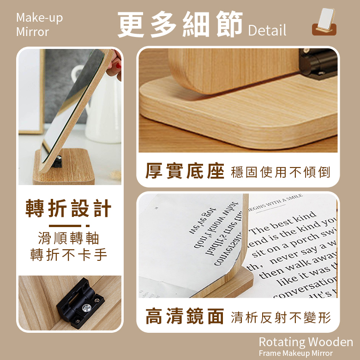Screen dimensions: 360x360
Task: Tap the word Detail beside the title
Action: [x=267, y=30]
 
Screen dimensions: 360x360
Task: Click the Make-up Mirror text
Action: [x=39, y=25]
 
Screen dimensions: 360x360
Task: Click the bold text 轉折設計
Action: [x=69, y=209]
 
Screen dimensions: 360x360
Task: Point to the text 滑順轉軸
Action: [x=69, y=239]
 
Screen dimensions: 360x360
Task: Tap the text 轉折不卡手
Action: [x=69, y=254]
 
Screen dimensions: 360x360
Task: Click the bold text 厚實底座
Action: [x=185, y=171]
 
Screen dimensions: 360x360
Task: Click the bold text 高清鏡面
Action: [x=185, y=317]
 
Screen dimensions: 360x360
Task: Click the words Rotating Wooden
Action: [x=306, y=342]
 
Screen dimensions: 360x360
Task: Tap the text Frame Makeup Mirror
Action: [x=295, y=354]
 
